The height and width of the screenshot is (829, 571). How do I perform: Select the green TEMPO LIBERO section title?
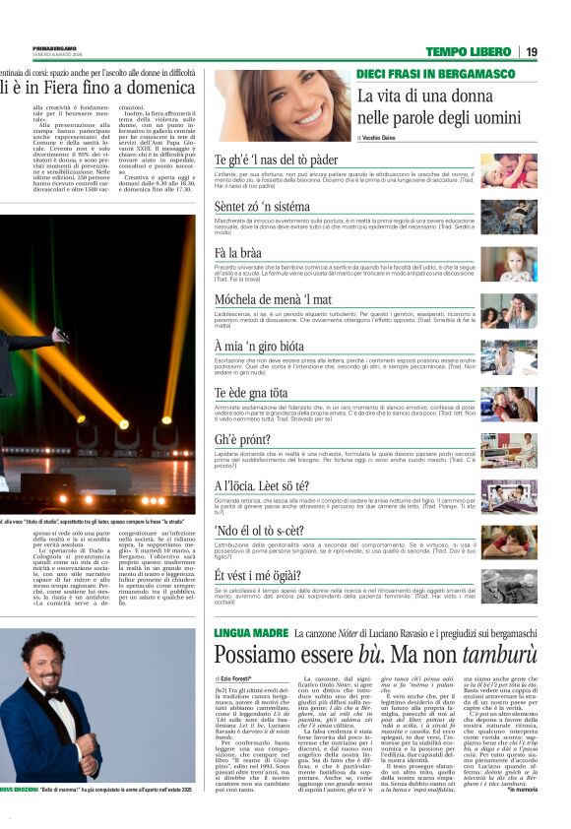[x=468, y=51]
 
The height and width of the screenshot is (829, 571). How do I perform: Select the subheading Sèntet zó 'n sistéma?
[x=262, y=207]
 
